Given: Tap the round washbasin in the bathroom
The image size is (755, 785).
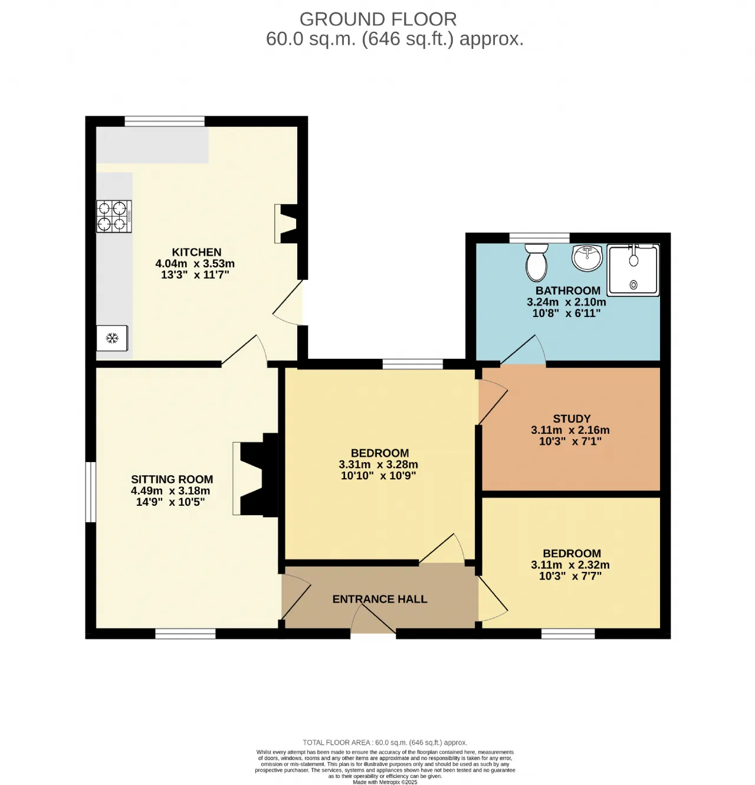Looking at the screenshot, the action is (587, 258).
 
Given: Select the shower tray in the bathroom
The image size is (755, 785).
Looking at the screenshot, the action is (633, 270).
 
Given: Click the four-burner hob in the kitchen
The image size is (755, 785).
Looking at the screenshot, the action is (114, 216).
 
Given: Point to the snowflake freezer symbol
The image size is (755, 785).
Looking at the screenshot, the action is (112, 338).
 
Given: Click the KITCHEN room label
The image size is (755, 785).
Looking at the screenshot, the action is (196, 252).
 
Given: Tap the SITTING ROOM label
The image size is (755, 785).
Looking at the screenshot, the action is (172, 479).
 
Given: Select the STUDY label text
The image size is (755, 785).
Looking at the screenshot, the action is (572, 418).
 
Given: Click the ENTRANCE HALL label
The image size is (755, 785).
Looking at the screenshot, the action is (380, 599).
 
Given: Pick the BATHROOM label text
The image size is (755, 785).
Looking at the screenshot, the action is (568, 290).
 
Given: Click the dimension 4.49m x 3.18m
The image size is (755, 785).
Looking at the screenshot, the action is (170, 491).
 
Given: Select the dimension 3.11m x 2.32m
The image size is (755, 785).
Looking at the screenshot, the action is (570, 565).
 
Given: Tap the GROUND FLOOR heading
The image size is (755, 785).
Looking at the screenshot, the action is (378, 19).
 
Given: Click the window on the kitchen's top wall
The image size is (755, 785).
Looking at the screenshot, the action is (165, 121).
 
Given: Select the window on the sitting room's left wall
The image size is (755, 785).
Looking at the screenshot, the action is (91, 492).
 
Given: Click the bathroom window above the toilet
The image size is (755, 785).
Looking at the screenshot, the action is (540, 238).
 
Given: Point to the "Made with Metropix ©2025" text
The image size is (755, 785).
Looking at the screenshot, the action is (385, 782).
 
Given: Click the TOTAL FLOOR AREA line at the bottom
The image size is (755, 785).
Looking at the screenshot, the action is (385, 743).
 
